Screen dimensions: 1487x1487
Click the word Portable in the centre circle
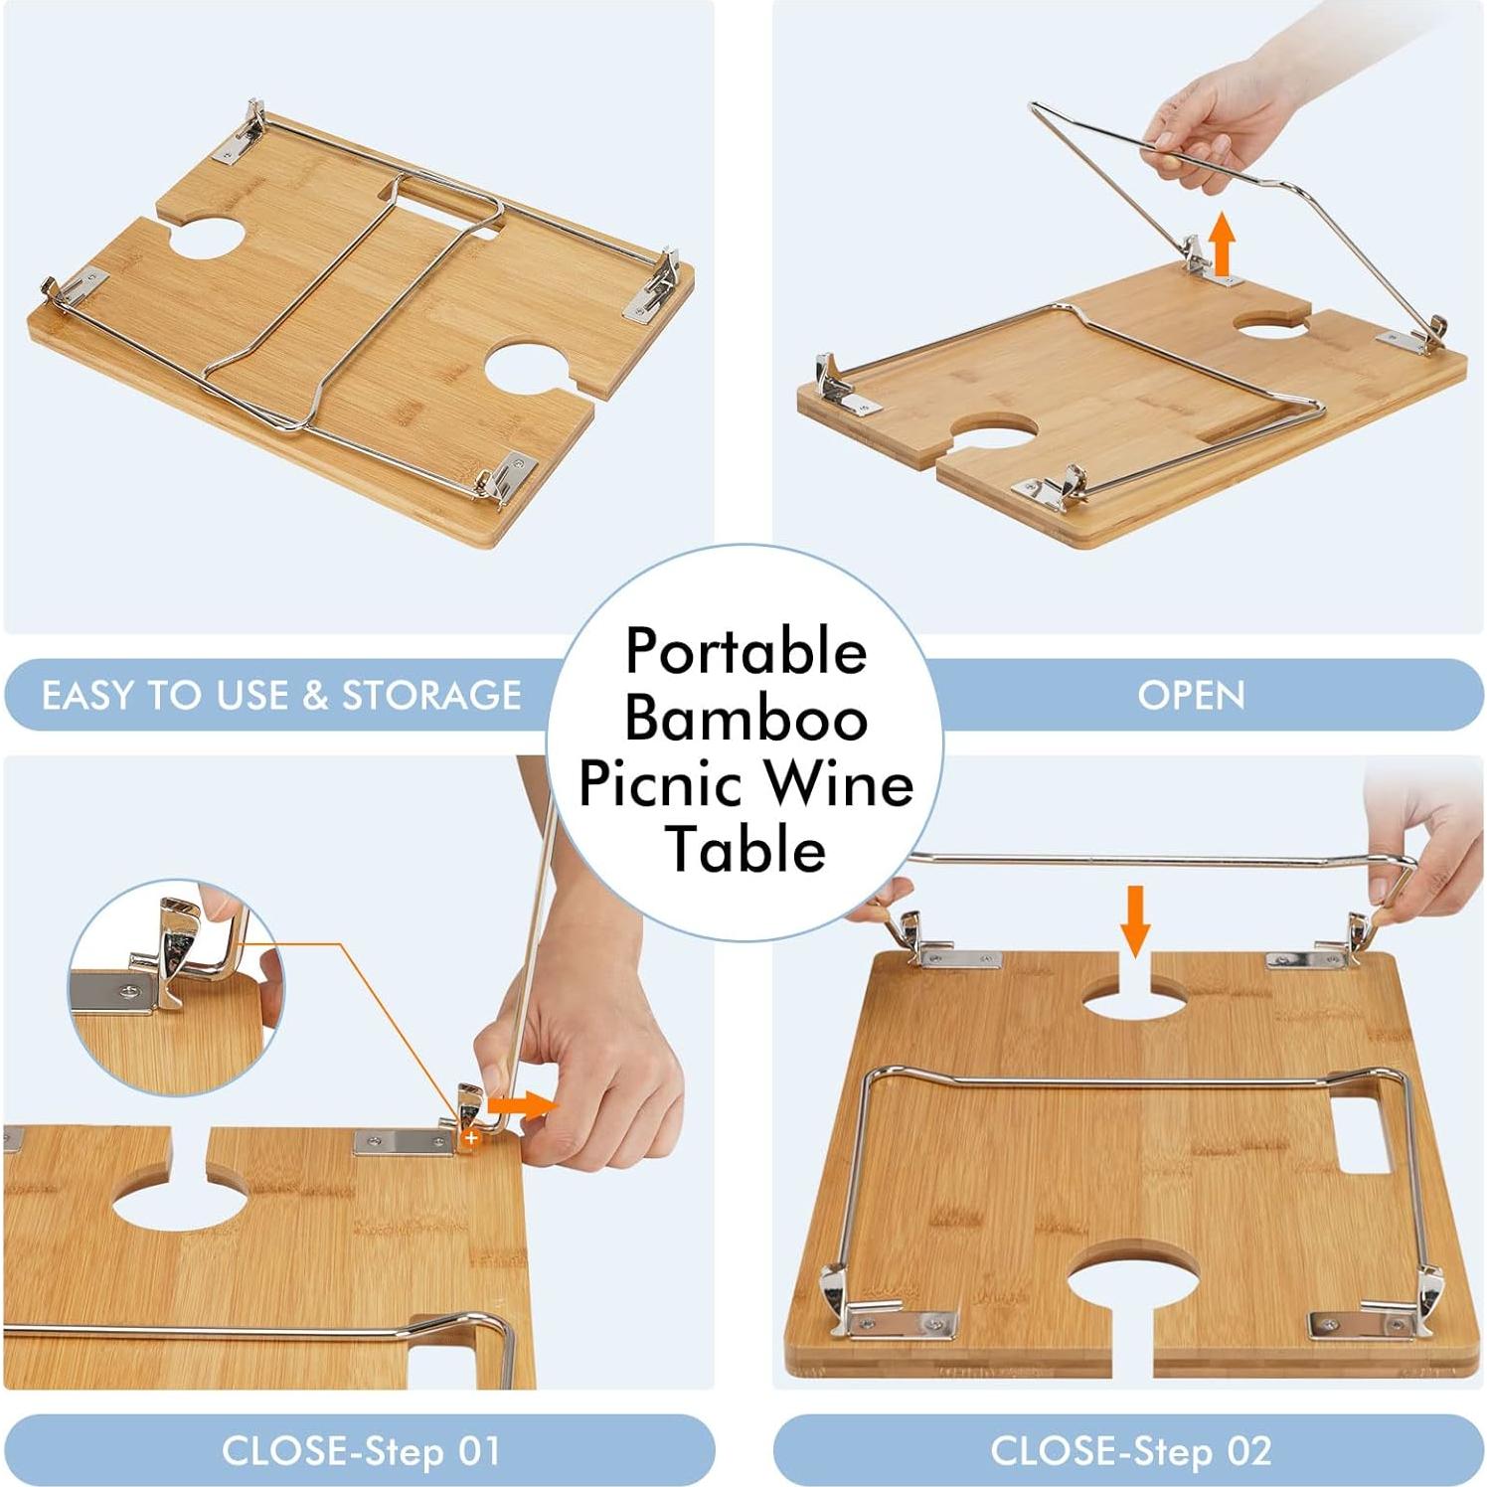click(x=745, y=653)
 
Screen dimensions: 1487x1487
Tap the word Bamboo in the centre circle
click(x=745, y=719)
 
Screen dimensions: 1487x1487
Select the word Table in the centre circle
click(x=745, y=850)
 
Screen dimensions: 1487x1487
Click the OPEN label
click(x=1191, y=695)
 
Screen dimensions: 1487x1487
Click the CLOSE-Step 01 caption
click(x=360, y=1450)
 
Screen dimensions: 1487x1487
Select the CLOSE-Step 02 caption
click(x=1130, y=1450)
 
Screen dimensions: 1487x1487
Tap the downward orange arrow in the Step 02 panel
click(x=1135, y=920)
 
